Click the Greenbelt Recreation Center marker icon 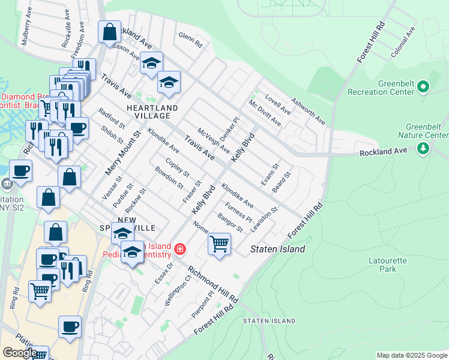pos(423,88)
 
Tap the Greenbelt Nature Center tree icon pos(424,147)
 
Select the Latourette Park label pos(384,265)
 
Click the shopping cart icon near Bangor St pos(220,244)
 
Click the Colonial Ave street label pos(403,43)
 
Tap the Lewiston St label pos(264,219)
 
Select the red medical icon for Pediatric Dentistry pos(179,248)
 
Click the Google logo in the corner pos(20,353)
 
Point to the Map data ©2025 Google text pos(412,355)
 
